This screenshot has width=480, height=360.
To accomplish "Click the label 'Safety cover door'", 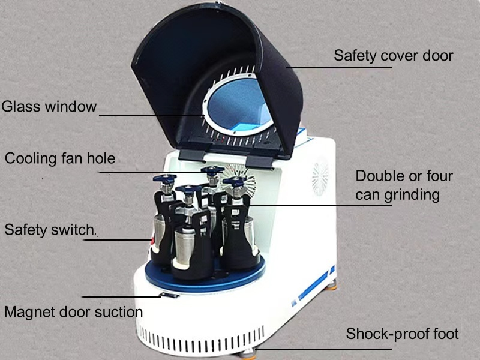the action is tap(394, 56).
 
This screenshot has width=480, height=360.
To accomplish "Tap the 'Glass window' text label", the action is tap(49, 107).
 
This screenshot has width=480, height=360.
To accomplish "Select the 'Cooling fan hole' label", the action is tap(60, 158).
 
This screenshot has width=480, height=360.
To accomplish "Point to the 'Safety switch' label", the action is tap(49, 230).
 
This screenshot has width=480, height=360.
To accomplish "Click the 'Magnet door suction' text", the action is tap(73, 312).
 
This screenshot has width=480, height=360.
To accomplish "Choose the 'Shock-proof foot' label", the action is tap(402, 334).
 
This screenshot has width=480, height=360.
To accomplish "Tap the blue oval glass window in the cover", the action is tap(238, 104).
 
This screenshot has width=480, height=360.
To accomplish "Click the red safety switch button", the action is tap(151, 242).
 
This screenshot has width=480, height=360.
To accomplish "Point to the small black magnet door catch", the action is tap(169, 295).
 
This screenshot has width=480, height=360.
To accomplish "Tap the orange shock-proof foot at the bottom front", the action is tap(247, 355).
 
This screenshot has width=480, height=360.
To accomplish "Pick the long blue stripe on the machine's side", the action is tap(313, 286).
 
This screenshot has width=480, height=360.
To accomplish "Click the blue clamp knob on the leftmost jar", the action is tap(164, 178).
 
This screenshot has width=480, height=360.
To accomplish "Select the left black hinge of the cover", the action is tap(192, 155).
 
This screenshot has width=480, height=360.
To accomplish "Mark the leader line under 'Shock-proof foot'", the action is tap(324, 349).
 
